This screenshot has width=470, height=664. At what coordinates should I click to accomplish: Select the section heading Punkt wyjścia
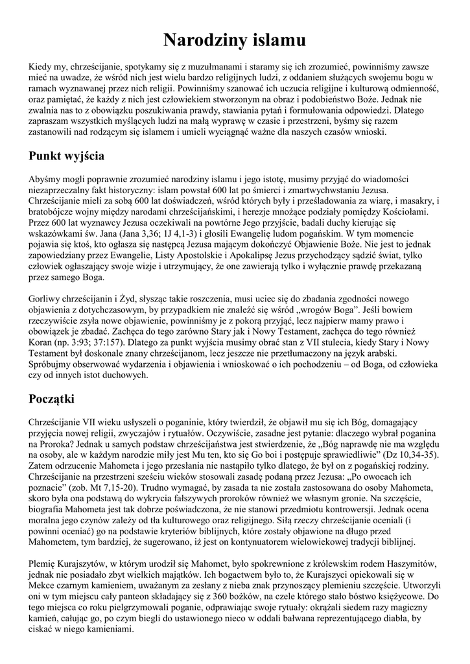click(67, 156)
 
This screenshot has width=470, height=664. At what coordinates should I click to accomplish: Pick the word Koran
click(41, 342)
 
